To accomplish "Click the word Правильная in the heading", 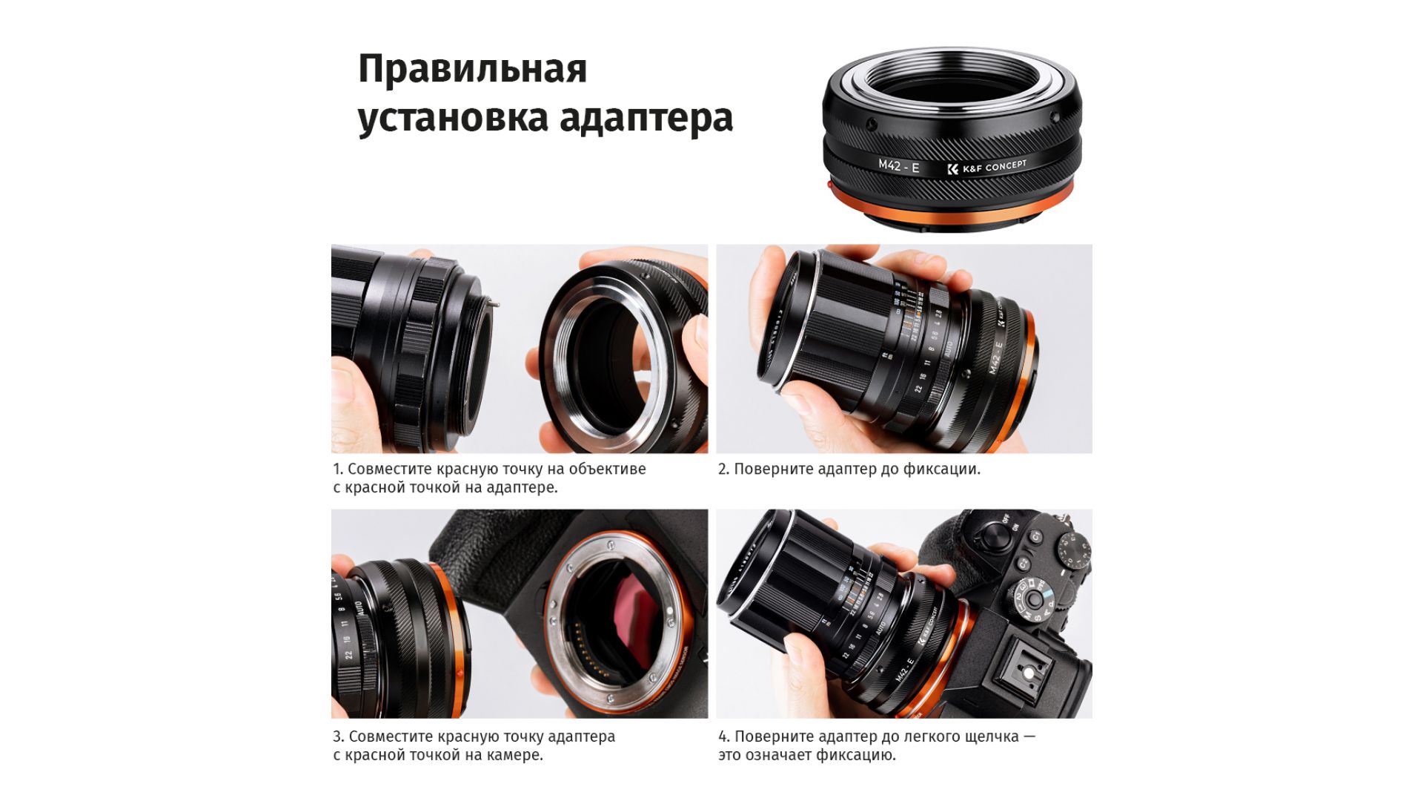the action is pyautogui.click(x=472, y=70).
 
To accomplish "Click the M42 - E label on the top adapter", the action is pyautogui.click(x=898, y=166).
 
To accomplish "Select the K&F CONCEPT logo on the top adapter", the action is pyautogui.click(x=987, y=167).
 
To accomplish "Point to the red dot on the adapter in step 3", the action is pyautogui.click(x=460, y=673).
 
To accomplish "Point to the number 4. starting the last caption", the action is pyautogui.click(x=724, y=737).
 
